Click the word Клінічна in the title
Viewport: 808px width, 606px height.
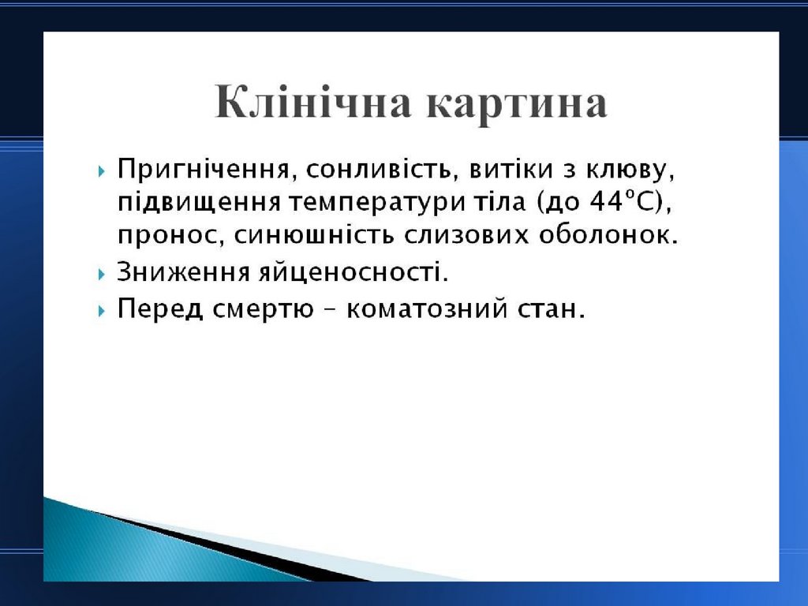312,101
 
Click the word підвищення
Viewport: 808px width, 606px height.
199,202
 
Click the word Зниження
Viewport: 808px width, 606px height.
183,271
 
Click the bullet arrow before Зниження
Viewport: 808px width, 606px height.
102,274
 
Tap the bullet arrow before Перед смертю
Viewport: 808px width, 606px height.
102,311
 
